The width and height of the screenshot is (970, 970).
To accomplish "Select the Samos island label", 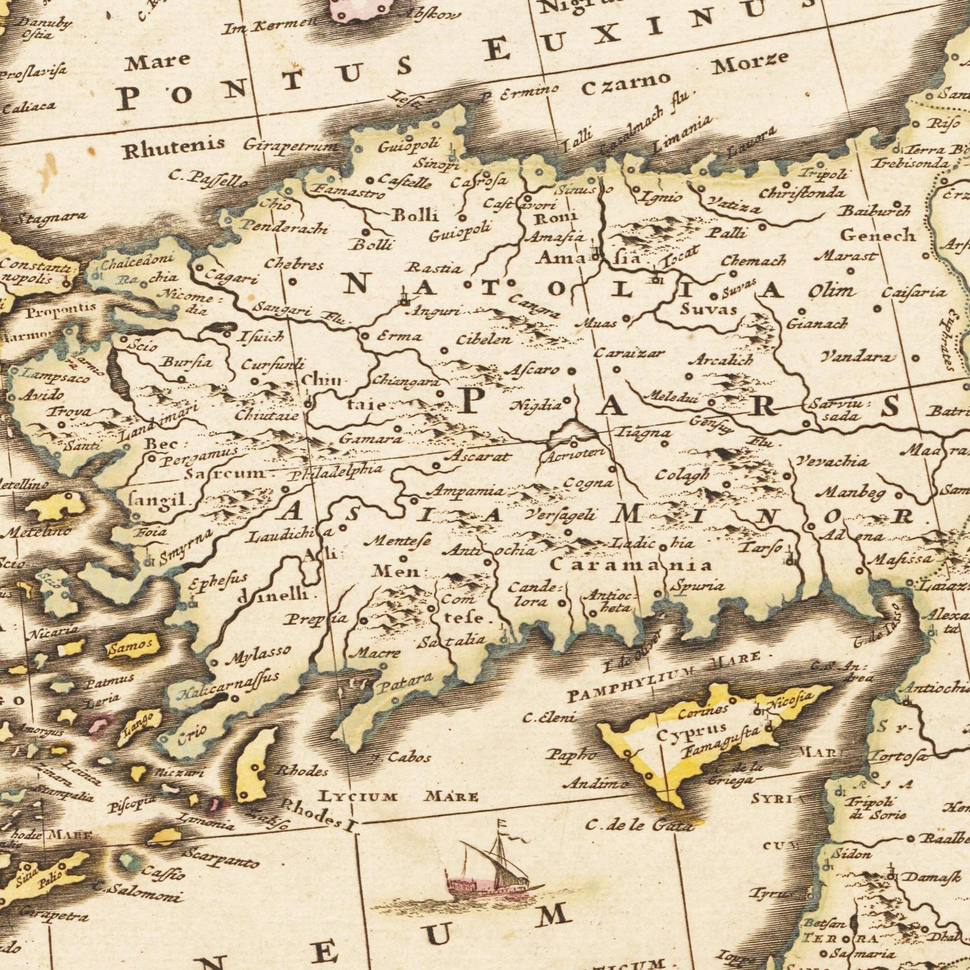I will [x=132, y=648].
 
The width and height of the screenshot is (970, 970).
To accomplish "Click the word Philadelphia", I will [x=336, y=472].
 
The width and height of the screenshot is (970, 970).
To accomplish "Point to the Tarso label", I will [x=760, y=547].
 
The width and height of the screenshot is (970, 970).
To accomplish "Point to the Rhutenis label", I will [x=164, y=148].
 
